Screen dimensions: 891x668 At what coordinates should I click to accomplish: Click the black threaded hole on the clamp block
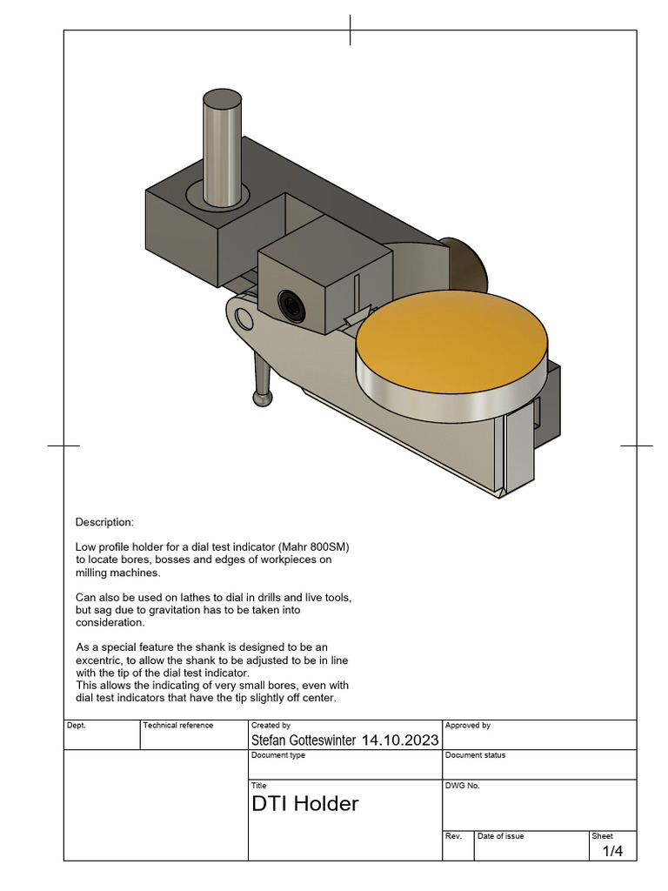(x=289, y=304)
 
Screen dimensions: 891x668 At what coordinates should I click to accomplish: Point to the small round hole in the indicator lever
(x=244, y=318)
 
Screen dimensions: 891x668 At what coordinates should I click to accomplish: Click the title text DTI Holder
(x=304, y=804)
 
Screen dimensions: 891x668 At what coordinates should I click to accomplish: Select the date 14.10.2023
(x=399, y=740)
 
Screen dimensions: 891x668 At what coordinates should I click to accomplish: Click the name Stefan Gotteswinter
(x=303, y=740)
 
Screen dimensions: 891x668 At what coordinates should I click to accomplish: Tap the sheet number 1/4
(x=613, y=851)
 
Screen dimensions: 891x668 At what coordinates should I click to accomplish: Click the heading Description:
(x=104, y=522)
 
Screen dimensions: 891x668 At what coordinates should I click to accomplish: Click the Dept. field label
(x=77, y=725)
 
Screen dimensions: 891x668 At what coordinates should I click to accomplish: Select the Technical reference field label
(x=177, y=725)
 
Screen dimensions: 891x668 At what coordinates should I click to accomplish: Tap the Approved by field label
(x=467, y=725)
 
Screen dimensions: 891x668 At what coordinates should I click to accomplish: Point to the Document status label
(x=475, y=755)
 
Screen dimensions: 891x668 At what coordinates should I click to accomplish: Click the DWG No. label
(x=462, y=785)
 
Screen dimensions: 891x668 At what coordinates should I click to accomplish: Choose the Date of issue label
(x=500, y=836)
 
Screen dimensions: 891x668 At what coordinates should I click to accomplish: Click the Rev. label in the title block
(x=452, y=836)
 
